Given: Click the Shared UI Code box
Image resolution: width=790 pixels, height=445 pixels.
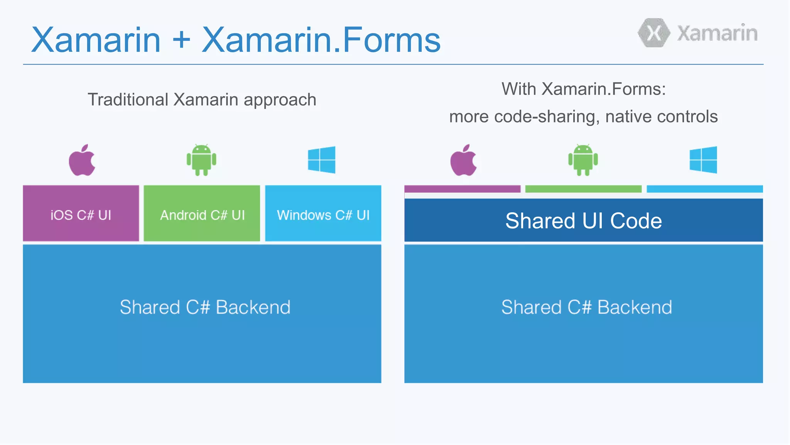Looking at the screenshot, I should point(583,221).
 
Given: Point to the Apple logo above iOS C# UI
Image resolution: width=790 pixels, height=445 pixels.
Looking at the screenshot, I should point(82,160).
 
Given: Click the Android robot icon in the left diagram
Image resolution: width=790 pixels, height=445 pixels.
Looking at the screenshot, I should point(201,160).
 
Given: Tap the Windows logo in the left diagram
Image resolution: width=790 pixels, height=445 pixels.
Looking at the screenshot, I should point(321,160).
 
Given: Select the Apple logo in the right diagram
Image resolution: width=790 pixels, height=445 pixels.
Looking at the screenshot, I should point(463,160).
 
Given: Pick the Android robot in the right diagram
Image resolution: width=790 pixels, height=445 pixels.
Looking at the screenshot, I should point(583,160).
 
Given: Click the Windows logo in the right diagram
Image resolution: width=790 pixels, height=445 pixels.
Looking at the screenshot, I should point(703,160).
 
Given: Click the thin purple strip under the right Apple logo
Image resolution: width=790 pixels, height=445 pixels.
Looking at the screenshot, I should point(462,189).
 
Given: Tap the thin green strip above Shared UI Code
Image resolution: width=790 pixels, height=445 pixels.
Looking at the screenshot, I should point(583,189).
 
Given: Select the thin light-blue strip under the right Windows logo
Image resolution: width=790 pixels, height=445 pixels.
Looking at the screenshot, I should point(704,189).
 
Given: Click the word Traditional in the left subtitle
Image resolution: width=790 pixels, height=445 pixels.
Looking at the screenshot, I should point(128,100).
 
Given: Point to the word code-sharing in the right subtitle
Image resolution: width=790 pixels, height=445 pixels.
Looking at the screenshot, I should point(546,117).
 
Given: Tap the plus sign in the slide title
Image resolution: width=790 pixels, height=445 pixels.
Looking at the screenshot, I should point(181,40).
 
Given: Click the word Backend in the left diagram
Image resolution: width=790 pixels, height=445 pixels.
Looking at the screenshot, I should point(253,307).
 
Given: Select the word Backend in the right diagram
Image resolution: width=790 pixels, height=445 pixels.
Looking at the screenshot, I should point(634,307).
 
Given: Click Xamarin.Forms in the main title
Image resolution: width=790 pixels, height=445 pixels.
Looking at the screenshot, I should point(321,40).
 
